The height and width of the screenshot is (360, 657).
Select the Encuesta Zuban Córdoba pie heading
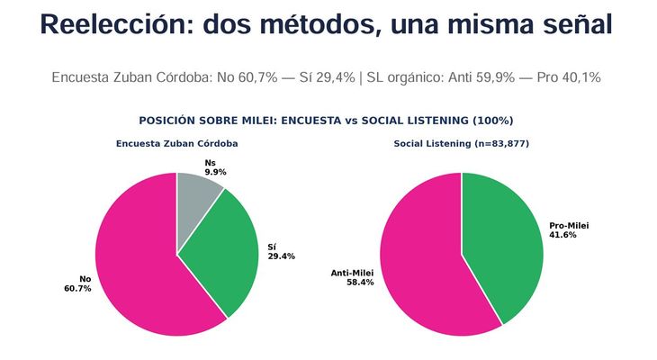pyautogui.click(x=176, y=144)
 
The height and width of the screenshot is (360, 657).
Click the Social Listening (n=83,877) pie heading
pyautogui.click(x=461, y=144)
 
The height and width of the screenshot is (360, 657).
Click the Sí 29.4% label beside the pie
pyautogui.click(x=281, y=251)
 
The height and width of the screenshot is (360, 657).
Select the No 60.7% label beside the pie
pyautogui.click(x=77, y=283)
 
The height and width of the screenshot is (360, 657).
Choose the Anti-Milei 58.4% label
pyautogui.click(x=353, y=277)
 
